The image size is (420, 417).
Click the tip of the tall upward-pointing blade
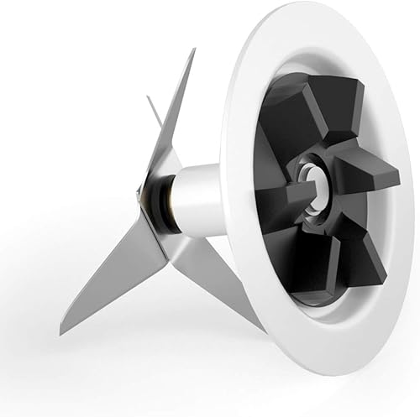[193, 50]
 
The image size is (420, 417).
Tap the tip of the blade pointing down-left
[61, 333]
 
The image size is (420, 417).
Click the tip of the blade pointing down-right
[264, 330]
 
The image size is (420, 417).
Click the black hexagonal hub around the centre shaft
[315, 193]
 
